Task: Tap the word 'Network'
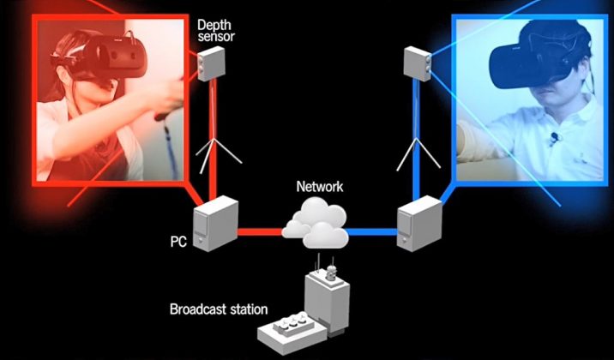pos(318,185)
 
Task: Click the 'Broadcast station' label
pos(219,309)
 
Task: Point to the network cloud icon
pos(315,222)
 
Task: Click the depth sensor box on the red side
pos(210,63)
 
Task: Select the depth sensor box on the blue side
pos(418,63)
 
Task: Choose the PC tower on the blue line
pos(417,225)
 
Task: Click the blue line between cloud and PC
pos(372,230)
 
